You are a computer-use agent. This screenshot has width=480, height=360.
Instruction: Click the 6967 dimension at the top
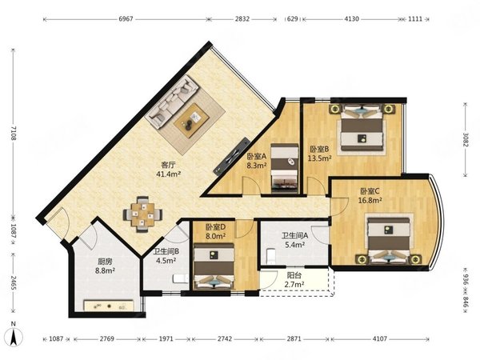(126, 19)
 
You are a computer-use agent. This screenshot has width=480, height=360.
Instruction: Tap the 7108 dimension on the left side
(13, 134)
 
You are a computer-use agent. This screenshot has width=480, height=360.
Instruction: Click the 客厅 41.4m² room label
(168, 170)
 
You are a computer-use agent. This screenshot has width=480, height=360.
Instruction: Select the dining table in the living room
(143, 214)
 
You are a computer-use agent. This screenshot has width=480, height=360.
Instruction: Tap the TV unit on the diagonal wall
(232, 156)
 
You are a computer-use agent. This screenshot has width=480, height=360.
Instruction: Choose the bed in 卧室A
(285, 168)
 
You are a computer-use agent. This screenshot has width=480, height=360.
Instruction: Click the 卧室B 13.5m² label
(320, 154)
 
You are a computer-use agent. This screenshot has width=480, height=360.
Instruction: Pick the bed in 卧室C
(389, 241)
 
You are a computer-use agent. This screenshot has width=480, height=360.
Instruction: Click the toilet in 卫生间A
(271, 256)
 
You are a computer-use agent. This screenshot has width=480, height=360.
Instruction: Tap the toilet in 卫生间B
(181, 278)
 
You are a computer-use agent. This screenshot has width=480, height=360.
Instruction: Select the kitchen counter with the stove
(108, 306)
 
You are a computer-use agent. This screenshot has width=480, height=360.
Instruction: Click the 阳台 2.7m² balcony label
(294, 280)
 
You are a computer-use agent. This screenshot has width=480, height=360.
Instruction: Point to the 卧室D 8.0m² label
(215, 231)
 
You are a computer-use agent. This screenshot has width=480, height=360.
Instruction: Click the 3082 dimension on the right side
(466, 139)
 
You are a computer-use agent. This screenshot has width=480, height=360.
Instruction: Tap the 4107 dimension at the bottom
(379, 339)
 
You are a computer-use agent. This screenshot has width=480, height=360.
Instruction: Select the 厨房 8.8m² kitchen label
(105, 266)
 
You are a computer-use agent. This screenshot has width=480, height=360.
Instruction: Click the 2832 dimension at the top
(242, 19)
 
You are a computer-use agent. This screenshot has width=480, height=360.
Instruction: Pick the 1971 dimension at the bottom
(166, 339)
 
